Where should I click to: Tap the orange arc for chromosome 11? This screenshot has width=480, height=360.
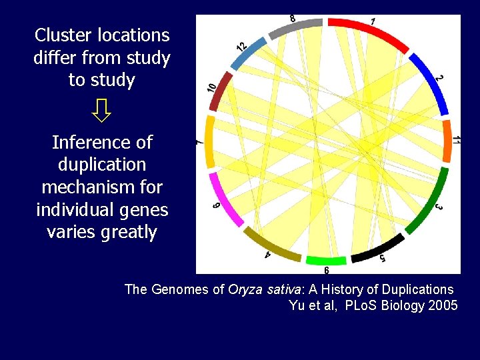tap(447, 141)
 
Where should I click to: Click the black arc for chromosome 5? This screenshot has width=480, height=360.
tap(377, 249)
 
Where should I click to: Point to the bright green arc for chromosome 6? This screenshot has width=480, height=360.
tap(326, 260)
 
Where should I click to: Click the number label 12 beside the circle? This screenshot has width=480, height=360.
tap(241, 46)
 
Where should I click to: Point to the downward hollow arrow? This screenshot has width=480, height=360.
tap(102, 111)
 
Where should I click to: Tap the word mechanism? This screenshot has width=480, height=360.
tap(89, 187)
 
